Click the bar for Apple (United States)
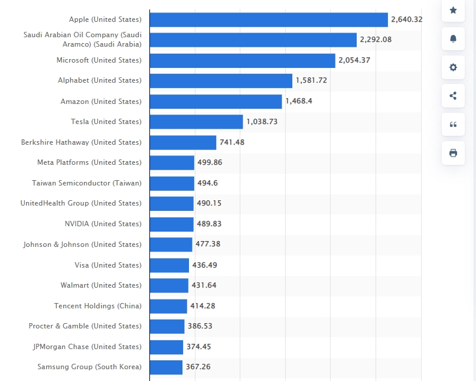pyautogui.click(x=269, y=19)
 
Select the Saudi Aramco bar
pyautogui.click(x=253, y=40)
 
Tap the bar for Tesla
pyautogui.click(x=196, y=122)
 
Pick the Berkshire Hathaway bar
pyautogui.click(x=183, y=142)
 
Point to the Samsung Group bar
pyautogui.click(x=166, y=367)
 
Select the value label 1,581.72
pyautogui.click(x=311, y=80)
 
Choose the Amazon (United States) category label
pyautogui.click(x=101, y=102)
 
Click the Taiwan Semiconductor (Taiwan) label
pyautogui.click(x=87, y=183)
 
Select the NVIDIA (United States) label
pyautogui.click(x=103, y=224)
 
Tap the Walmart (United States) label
pyautogui.click(x=101, y=285)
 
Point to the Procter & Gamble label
pyautogui.click(x=85, y=326)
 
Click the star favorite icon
pyautogui.click(x=453, y=10)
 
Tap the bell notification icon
pyautogui.click(x=453, y=38)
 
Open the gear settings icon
pyautogui.click(x=453, y=67)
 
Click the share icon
pyautogui.click(x=453, y=96)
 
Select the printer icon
pyautogui.click(x=453, y=153)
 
